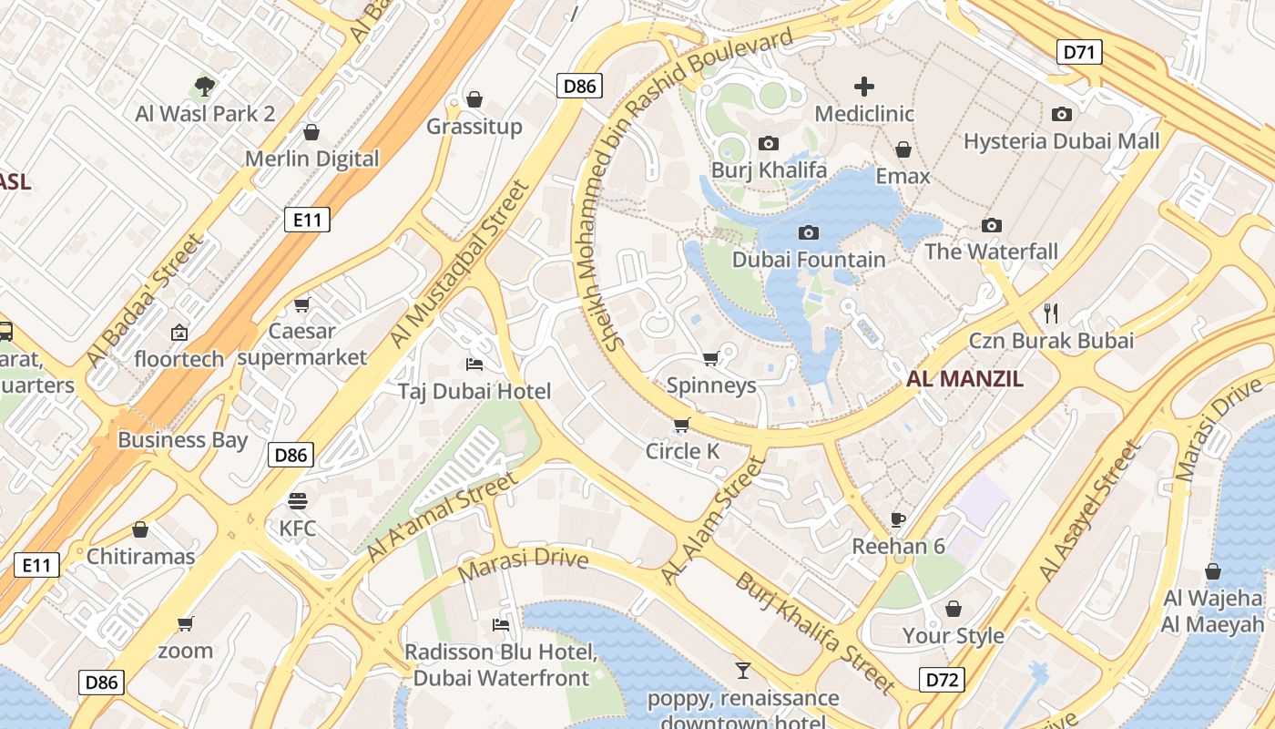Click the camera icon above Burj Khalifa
pos(769,144)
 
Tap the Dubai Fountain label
pos(809,260)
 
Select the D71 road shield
pos(1079,52)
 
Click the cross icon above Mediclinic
pos(863,87)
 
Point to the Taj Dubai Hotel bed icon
pos(474,364)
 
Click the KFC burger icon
pos(298,501)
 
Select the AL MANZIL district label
pos(964,379)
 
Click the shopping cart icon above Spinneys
pos(711,358)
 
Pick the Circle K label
pos(682,451)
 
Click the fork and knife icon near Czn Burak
pos(1051,313)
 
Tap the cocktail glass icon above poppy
pos(743,672)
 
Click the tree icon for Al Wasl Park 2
pos(205,87)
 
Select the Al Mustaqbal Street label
pos(459,264)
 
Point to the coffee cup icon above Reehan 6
pos(898,519)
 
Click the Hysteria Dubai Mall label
pos(1062,141)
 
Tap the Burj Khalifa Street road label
pos(816,632)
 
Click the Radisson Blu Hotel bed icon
pos(500,625)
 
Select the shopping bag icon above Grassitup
pos(474,99)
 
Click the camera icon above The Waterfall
pos(992,225)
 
